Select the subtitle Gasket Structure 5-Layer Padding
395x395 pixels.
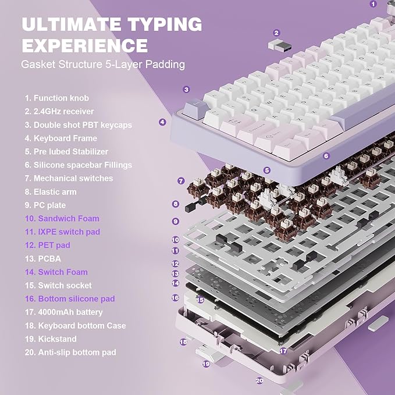click(103, 65)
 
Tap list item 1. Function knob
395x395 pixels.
click(56, 98)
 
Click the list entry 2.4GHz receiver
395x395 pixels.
click(59, 112)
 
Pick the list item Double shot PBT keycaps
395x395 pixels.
click(78, 125)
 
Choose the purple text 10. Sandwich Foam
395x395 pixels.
click(62, 219)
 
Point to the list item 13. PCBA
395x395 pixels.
click(42, 259)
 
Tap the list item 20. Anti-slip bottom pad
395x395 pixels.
click(70, 353)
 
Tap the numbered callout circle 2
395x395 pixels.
click(276, 33)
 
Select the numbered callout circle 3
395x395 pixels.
click(186, 90)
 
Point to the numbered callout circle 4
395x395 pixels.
click(162, 122)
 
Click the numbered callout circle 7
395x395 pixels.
click(181, 181)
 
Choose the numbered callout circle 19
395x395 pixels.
click(206, 364)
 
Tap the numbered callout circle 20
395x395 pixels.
click(259, 380)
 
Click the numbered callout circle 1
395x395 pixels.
click(373, 3)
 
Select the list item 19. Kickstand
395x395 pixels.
click(50, 339)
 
